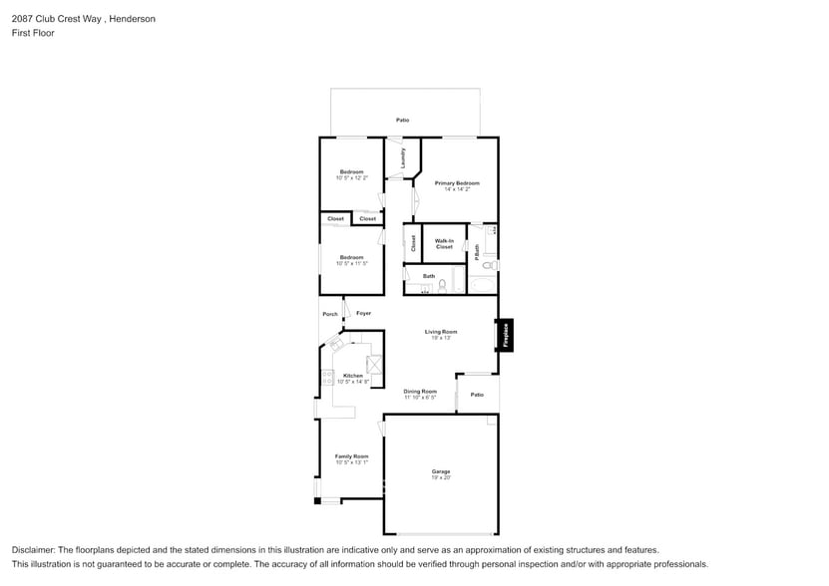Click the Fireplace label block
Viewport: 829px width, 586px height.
pos(506,335)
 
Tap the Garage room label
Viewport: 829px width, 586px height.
pos(441,471)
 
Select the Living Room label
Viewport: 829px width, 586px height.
pos(441,332)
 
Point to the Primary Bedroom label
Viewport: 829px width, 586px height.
pos(457,183)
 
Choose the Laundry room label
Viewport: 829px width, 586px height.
pos(402,157)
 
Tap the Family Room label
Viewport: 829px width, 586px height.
pos(352,456)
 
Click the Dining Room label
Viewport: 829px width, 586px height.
pos(420,392)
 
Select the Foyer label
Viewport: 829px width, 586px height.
pos(363,314)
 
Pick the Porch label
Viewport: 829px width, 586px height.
pos(330,314)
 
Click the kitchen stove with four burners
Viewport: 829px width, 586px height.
pos(327,378)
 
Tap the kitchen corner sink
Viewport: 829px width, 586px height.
pos(336,345)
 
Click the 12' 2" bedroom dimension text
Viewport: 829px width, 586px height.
pos(352,178)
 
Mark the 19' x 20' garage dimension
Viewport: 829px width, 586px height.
pos(441,478)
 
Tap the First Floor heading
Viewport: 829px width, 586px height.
pos(33,33)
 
